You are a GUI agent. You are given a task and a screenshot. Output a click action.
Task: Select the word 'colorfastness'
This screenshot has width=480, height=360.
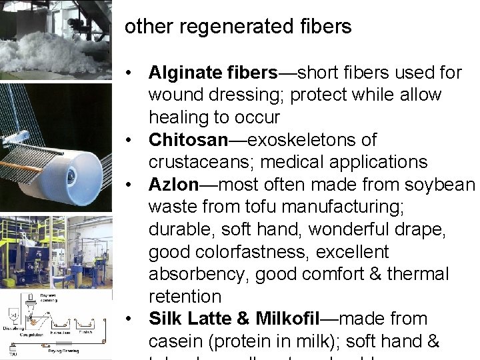pyautogui.click(x=247, y=252)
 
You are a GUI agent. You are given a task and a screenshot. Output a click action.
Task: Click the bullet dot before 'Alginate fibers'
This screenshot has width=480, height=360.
pyautogui.click(x=134, y=72)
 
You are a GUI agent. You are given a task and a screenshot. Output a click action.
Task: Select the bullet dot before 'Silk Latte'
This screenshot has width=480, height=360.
pyautogui.click(x=134, y=319)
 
